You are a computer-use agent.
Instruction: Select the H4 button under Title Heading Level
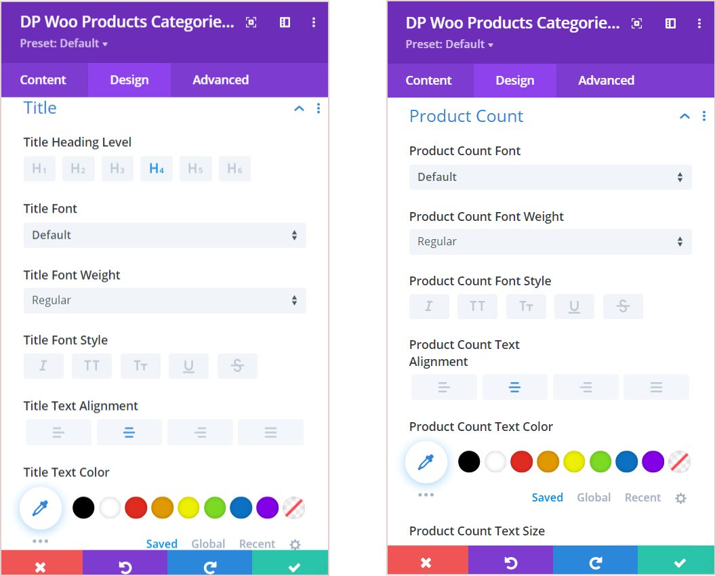(157, 169)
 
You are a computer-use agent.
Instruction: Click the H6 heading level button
(234, 169)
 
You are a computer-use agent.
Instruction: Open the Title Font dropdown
(165, 235)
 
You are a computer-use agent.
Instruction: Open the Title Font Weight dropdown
(165, 300)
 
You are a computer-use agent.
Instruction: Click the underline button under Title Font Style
(188, 366)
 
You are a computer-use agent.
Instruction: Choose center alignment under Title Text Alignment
(129, 432)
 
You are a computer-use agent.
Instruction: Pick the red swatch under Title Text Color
(136, 508)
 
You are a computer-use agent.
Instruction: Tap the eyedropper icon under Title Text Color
(41, 508)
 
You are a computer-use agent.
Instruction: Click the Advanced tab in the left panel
(220, 80)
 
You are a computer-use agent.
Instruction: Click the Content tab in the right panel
(428, 81)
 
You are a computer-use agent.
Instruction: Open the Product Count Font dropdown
(550, 177)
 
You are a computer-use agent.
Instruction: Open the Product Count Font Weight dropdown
(550, 242)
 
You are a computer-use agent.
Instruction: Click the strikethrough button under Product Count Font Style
(623, 306)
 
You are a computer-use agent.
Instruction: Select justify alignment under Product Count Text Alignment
(656, 387)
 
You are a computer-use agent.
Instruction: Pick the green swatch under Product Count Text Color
(600, 461)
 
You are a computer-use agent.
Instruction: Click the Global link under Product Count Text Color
(594, 497)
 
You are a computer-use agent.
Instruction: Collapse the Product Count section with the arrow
(685, 117)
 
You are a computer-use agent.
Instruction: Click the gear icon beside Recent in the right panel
(680, 498)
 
